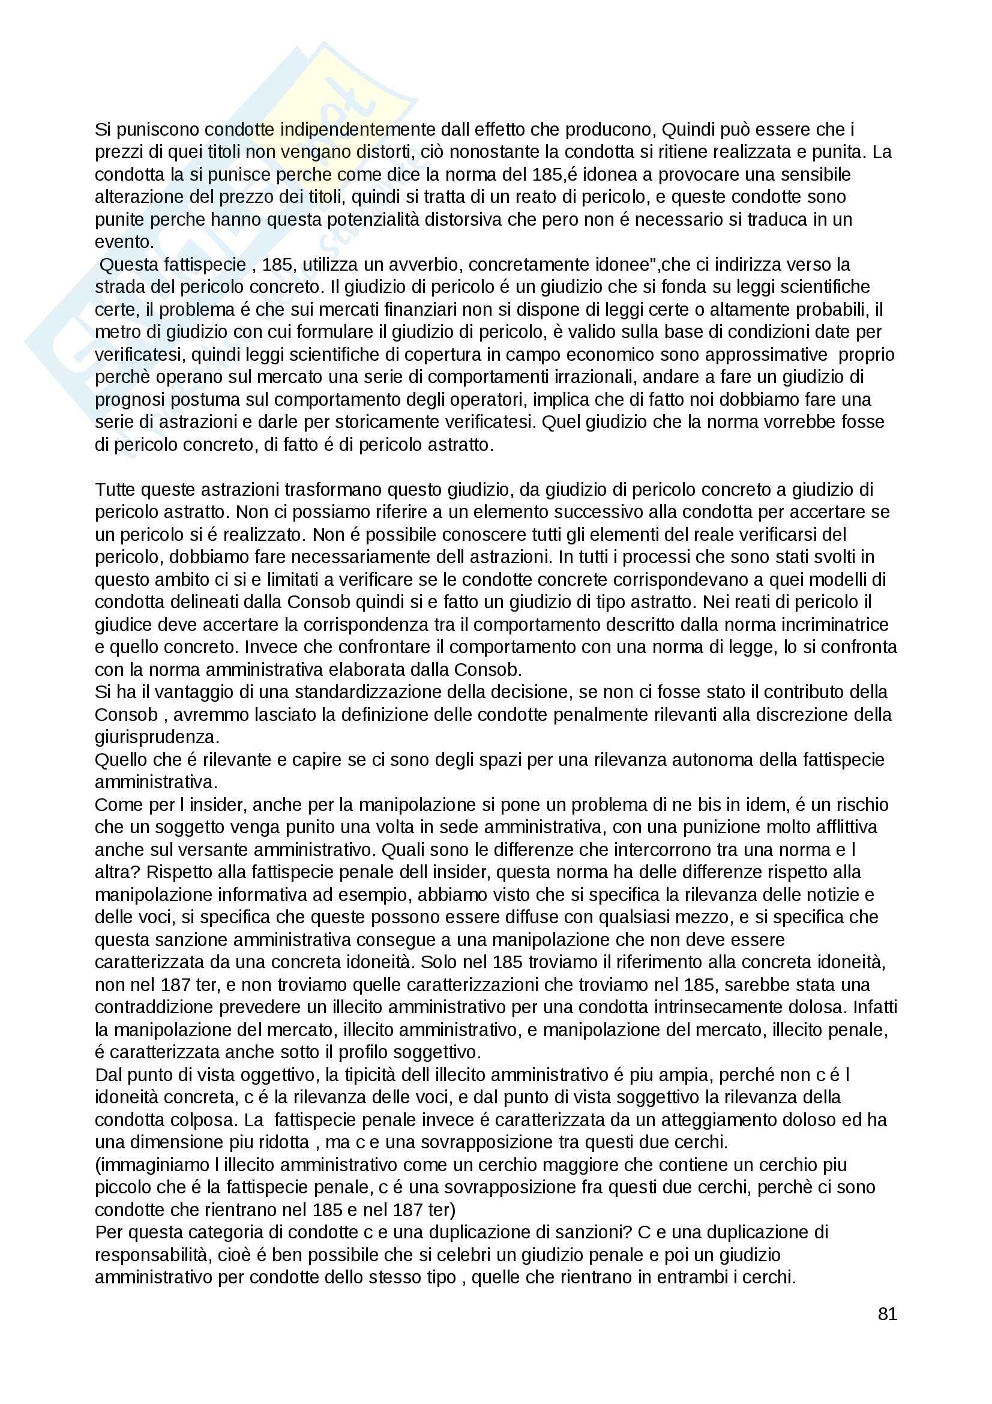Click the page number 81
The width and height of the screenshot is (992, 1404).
tap(887, 1313)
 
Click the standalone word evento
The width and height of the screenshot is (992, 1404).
tap(124, 242)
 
